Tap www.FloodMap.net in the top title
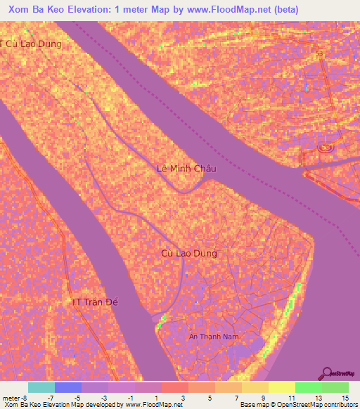[225, 9]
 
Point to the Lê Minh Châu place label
[186, 169]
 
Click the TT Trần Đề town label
[96, 302]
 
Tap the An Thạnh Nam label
[214, 337]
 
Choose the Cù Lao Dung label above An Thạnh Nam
[189, 253]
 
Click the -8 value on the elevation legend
[25, 397]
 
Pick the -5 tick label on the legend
[77, 397]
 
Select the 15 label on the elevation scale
[345, 397]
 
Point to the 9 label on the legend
[264, 397]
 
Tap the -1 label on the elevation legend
[131, 397]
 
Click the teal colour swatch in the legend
[41, 387]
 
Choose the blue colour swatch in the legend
[68, 387]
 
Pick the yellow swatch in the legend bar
[281, 387]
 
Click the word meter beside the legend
[11, 397]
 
